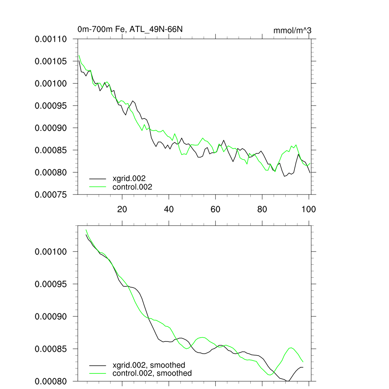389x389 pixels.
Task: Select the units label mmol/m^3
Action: (x=293, y=30)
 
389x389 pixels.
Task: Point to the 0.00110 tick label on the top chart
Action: (x=51, y=39)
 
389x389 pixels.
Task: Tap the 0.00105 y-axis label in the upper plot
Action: (x=51, y=61)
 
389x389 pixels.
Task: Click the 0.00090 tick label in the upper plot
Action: (x=51, y=128)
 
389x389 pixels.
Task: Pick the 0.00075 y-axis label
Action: (x=51, y=194)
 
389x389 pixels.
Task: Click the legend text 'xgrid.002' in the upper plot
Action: (x=129, y=178)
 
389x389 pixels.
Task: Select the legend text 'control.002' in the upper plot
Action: (x=132, y=187)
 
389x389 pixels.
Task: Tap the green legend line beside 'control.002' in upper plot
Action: (x=97, y=187)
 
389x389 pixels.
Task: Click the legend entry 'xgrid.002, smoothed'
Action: (x=149, y=365)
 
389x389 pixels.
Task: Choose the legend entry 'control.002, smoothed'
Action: (x=152, y=373)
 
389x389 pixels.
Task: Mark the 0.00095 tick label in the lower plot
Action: (x=51, y=284)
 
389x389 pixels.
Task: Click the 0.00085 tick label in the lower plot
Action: (x=51, y=349)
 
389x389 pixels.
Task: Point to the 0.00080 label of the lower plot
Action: (x=51, y=381)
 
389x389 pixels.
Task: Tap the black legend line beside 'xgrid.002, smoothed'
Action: (x=97, y=365)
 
